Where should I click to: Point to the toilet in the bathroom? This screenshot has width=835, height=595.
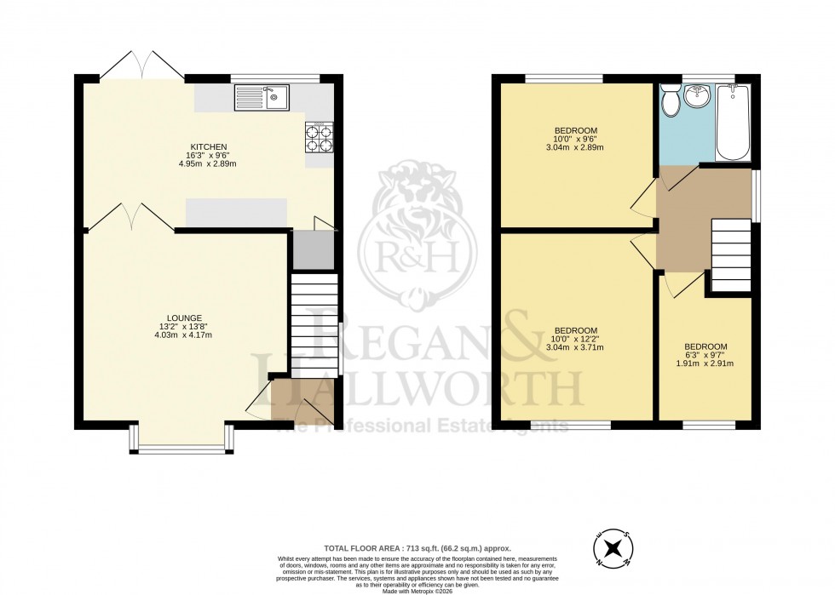click(671, 101)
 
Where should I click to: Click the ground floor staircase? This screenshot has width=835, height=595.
click(314, 323)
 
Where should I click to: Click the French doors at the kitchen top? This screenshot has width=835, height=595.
click(142, 66)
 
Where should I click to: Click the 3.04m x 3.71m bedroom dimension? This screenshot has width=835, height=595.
click(576, 347)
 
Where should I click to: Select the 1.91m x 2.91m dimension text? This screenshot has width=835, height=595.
click(705, 363)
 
